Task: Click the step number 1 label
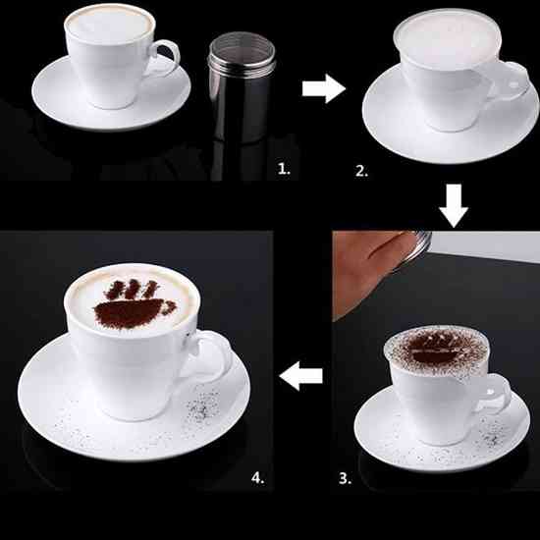[x=284, y=169]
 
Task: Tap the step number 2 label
[x=361, y=171]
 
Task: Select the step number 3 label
[x=346, y=478]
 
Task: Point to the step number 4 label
[x=258, y=478]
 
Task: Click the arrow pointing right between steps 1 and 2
[x=324, y=88]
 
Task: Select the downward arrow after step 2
[x=454, y=205]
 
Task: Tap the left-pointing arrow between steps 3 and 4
[x=301, y=376]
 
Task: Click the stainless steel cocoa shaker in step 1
[x=242, y=86]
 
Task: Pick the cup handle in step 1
[x=166, y=57]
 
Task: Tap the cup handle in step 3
[x=496, y=393]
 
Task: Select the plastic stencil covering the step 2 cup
[x=448, y=38]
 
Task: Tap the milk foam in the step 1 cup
[x=110, y=25]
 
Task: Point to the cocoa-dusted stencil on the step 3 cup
[x=436, y=351]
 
